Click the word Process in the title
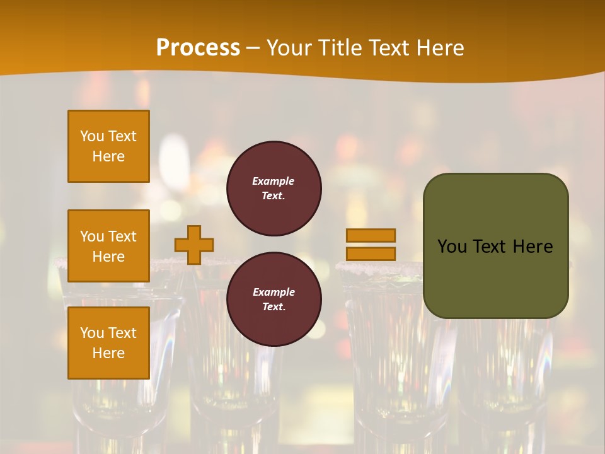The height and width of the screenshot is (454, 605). coord(198,48)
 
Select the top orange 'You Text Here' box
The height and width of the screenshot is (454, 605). coord(108,146)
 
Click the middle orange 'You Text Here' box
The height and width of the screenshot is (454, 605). coord(108,246)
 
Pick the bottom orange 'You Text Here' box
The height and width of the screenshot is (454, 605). coord(108,343)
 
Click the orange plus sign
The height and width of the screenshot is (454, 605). coord(194,245)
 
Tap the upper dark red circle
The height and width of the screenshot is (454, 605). coord(274,189)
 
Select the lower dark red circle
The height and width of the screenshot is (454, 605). coord(274,299)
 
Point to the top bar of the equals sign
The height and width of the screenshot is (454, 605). coord(371,236)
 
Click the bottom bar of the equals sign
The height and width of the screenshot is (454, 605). coord(371,253)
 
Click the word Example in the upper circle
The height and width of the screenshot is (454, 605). coord(274,181)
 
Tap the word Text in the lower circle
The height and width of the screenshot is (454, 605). coord(274,307)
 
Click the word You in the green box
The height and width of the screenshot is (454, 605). coord(451,247)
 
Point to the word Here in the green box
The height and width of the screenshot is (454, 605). coord(533,247)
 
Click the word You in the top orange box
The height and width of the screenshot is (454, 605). coord(92,136)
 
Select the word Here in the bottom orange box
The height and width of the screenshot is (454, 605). coord(108,353)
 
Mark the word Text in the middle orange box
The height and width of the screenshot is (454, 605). coord(122,236)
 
